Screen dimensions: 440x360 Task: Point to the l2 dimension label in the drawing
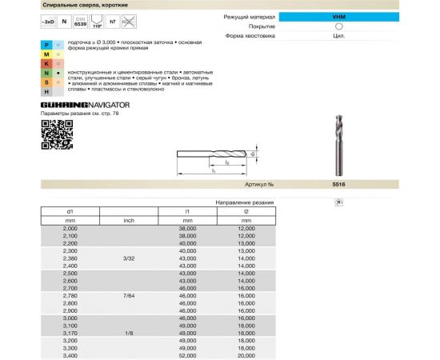click(227, 162)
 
